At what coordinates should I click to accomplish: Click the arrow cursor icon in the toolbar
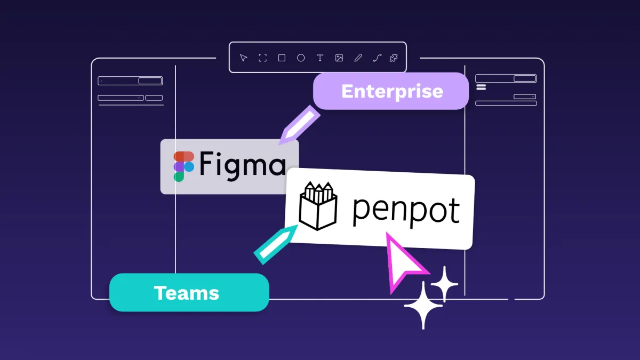(243, 58)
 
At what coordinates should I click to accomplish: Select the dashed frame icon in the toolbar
(262, 58)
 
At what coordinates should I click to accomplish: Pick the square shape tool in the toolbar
(282, 58)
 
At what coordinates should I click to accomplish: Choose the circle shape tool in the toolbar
(301, 58)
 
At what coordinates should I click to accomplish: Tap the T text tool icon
(320, 58)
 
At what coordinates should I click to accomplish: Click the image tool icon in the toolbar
(339, 58)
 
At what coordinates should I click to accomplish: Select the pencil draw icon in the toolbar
(358, 58)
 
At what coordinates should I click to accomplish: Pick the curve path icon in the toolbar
(377, 58)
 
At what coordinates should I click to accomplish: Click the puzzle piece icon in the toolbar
(394, 58)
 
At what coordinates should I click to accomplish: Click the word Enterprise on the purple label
(392, 91)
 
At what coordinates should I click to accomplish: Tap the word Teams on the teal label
(187, 292)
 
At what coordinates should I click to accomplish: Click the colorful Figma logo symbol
(183, 166)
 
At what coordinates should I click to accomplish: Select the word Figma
(243, 164)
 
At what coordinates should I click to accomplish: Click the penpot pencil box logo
(318, 206)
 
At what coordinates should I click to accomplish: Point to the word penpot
(406, 209)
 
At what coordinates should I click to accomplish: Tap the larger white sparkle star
(423, 305)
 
